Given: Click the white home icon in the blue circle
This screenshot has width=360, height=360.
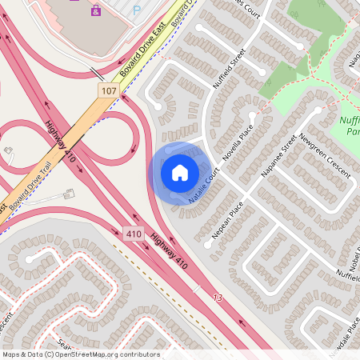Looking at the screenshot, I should click(x=180, y=172).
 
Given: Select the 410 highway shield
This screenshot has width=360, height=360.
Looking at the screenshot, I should click(x=134, y=234).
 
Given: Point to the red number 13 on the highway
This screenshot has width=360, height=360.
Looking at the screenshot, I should click(x=217, y=298).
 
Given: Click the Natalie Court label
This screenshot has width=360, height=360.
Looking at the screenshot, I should click(x=203, y=185).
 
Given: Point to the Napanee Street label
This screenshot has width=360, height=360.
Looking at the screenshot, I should click(x=279, y=156).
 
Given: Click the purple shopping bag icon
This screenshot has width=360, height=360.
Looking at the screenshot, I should click(x=96, y=10).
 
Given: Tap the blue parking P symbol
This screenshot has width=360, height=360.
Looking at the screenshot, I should click(x=136, y=10).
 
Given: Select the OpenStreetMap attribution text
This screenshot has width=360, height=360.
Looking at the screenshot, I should click(x=80, y=354).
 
